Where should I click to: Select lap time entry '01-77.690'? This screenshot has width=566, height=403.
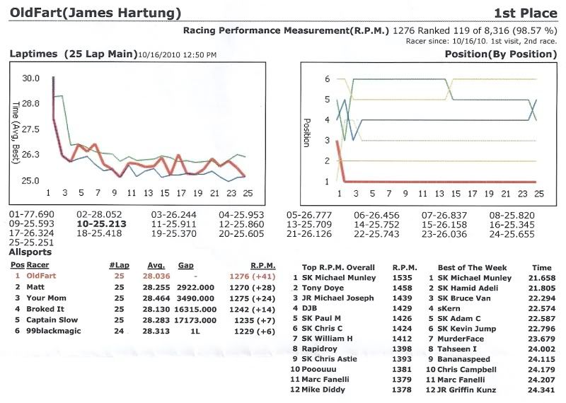tap(31, 214)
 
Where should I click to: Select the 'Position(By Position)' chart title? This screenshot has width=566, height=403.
tap(500, 54)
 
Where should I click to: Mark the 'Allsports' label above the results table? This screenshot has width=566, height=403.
tap(30, 252)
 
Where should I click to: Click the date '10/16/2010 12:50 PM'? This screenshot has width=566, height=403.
tap(177, 54)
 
